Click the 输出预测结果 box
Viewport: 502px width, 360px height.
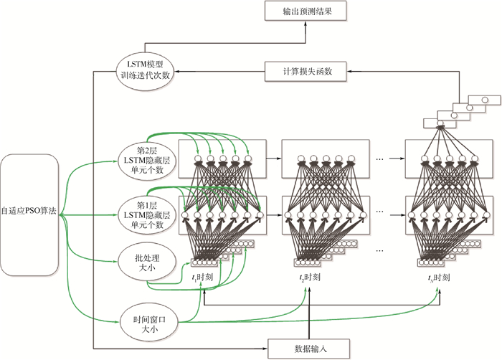(305, 11)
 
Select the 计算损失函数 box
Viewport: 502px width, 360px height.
(305, 70)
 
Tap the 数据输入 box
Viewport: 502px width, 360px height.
(308, 349)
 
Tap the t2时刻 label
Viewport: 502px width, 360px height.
(309, 277)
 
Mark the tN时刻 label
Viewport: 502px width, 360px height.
(438, 277)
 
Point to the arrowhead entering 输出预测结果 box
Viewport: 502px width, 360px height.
(305, 23)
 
